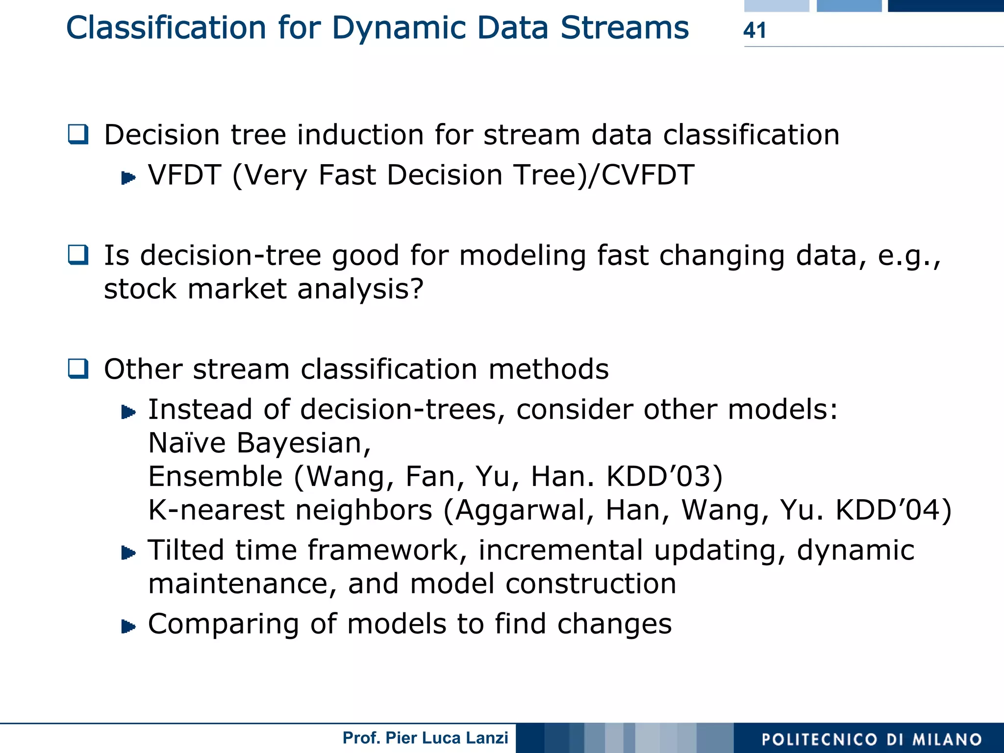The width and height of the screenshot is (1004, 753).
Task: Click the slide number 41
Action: [x=754, y=30]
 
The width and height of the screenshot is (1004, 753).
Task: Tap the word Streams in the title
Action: [x=625, y=28]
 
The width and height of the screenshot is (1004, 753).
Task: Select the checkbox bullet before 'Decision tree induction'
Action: [x=78, y=135]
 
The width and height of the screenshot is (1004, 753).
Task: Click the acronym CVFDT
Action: [x=648, y=175]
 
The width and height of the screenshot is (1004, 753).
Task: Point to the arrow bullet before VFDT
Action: [x=128, y=177]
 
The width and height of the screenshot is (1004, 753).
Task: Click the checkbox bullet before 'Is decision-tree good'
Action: [x=78, y=255]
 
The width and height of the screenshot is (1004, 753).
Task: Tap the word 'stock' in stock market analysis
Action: [x=140, y=289]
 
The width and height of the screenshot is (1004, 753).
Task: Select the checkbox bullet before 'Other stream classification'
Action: [x=78, y=369]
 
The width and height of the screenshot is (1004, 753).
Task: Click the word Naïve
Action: [x=187, y=443]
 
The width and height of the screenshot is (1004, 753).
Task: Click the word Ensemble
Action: [x=215, y=476]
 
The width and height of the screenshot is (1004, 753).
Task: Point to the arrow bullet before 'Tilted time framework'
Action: [x=128, y=553]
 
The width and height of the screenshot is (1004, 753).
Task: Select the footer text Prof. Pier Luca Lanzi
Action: [x=425, y=738]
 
